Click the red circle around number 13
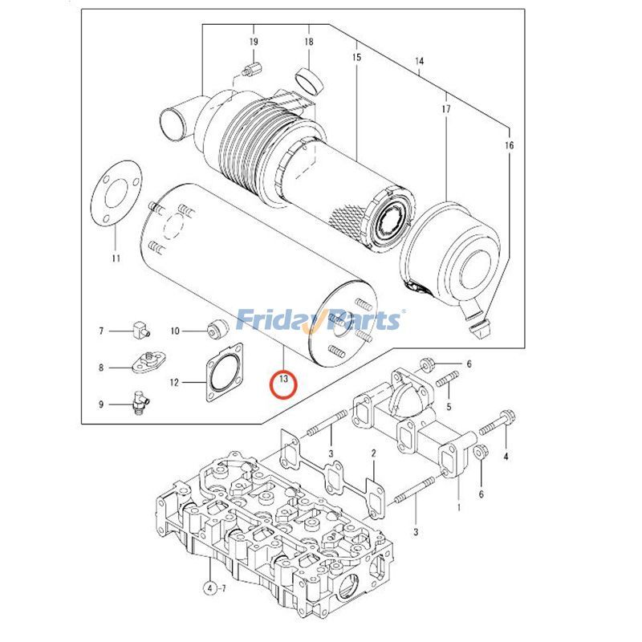click(284, 384)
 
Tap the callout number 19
click(253, 41)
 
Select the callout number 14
click(419, 62)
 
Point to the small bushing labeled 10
click(214, 329)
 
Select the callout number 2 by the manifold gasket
click(373, 454)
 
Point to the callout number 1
click(457, 507)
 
